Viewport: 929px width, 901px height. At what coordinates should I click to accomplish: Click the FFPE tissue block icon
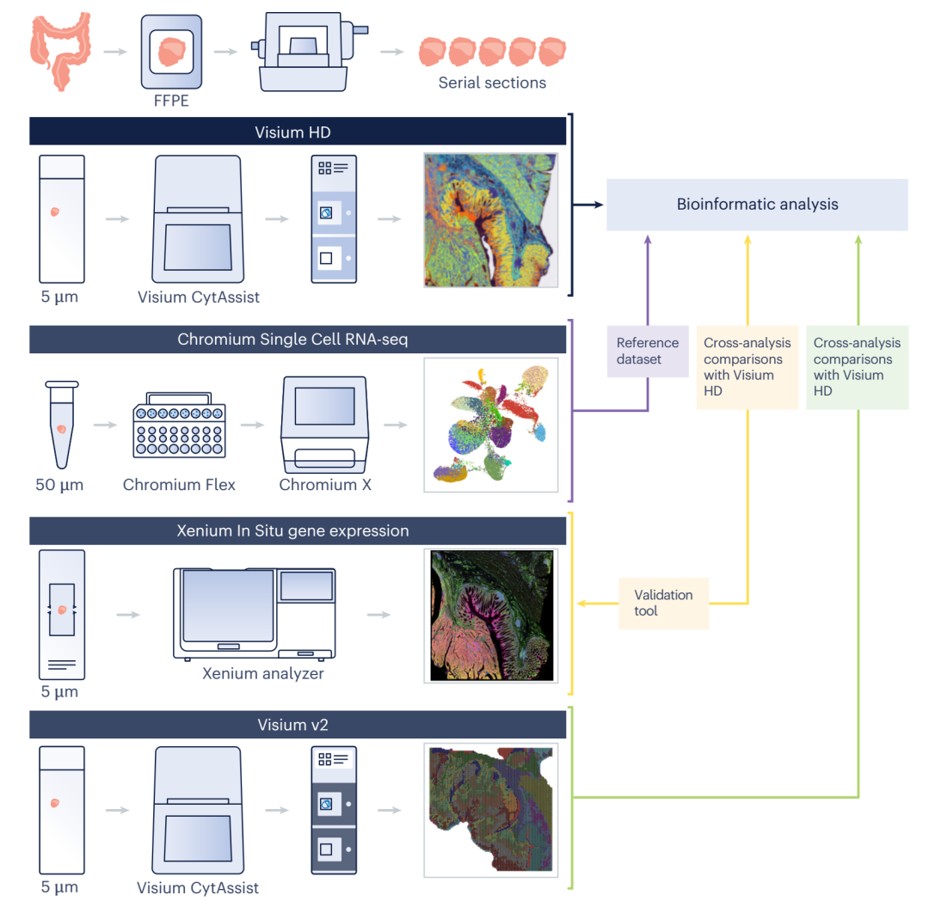170,55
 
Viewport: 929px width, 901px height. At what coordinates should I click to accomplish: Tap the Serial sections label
491,83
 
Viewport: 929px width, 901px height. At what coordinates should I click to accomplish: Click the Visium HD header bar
298,132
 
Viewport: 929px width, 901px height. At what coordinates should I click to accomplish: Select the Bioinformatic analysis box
757,205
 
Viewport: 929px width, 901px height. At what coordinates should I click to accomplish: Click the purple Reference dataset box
647,351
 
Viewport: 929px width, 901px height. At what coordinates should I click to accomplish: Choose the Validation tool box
663,603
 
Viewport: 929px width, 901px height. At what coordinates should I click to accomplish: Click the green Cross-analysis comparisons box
857,366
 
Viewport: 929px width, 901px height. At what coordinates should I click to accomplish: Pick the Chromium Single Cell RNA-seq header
298,340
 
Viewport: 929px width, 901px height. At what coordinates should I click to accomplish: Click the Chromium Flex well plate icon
179,426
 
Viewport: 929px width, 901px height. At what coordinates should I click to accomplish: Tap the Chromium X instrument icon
324,424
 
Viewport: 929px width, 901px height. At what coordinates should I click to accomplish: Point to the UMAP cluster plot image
490,425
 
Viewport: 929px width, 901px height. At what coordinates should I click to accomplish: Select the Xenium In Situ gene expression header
298,531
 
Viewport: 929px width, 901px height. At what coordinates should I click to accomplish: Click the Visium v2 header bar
298,725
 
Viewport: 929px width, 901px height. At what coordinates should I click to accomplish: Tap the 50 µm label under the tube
59,485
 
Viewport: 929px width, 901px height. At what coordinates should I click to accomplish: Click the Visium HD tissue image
490,220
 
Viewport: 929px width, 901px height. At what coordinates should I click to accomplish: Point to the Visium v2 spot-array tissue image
490,811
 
